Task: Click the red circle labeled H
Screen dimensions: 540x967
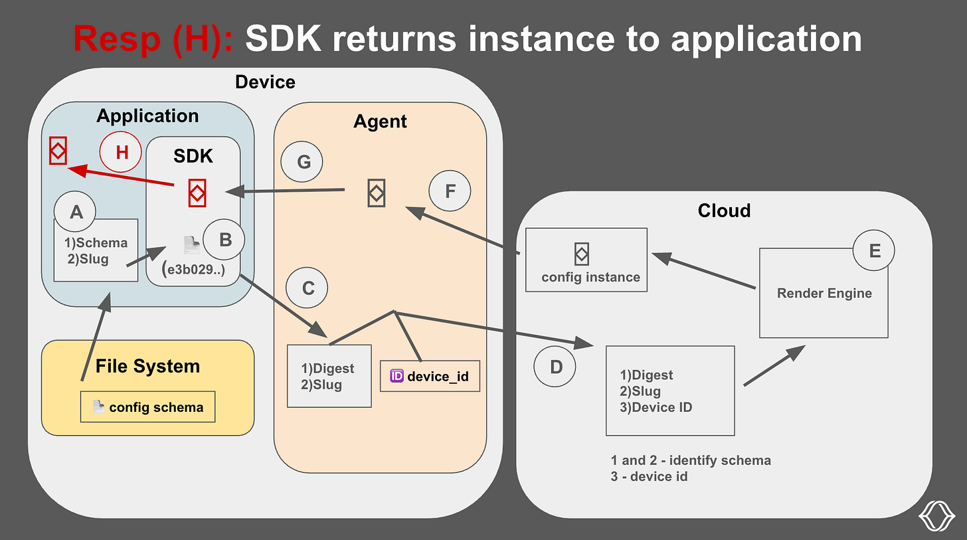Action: [122, 153]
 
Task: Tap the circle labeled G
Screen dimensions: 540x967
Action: [302, 161]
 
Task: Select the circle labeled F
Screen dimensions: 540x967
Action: [450, 192]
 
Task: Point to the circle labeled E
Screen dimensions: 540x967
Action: [874, 251]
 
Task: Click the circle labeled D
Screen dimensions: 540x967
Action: [556, 366]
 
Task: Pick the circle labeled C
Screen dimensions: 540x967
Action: [308, 288]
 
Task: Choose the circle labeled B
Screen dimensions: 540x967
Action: [224, 240]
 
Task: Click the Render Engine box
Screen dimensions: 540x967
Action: [824, 293]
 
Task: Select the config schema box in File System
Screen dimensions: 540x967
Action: [147, 407]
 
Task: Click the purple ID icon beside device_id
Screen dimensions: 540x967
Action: [396, 376]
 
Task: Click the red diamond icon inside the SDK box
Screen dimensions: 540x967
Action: [197, 193]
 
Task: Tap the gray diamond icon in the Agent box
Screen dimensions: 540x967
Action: [376, 193]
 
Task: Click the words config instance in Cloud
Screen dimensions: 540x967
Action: [590, 277]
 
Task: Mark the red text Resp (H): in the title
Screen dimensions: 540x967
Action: [153, 39]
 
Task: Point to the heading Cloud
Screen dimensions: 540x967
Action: [724, 211]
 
